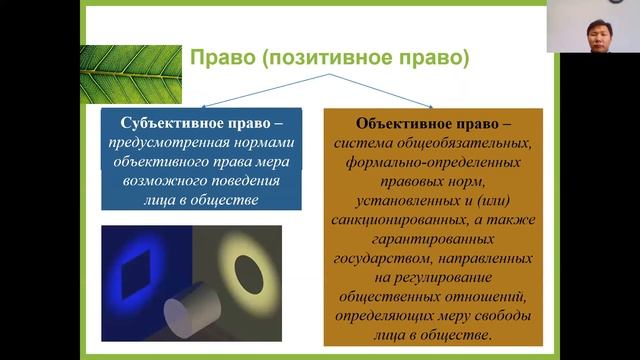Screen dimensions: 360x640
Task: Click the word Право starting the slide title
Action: pos(220,59)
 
